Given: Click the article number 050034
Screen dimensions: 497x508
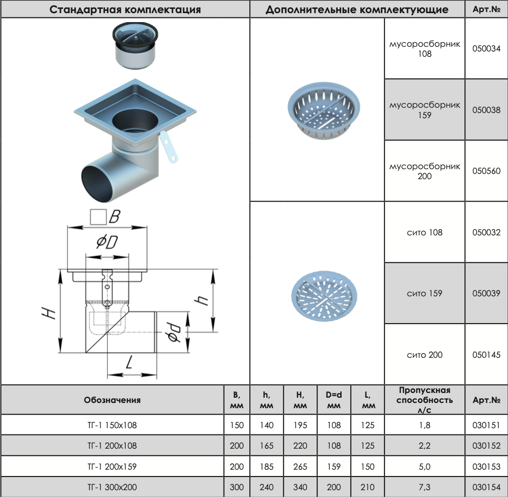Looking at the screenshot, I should pyautogui.click(x=486, y=49).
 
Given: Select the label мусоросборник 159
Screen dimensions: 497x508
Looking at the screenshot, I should pyautogui.click(x=424, y=110).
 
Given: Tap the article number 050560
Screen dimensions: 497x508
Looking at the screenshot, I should pyautogui.click(x=486, y=171).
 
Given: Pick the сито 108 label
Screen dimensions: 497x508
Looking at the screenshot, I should pyautogui.click(x=424, y=232).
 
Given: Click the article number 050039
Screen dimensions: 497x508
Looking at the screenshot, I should pyautogui.click(x=486, y=293).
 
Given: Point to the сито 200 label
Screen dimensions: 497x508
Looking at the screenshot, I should pyautogui.click(x=424, y=355).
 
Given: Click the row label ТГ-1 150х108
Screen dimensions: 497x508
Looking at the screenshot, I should pyautogui.click(x=111, y=426).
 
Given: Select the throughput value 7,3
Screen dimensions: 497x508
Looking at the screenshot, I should pyautogui.click(x=425, y=487).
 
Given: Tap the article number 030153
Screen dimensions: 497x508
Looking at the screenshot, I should pyautogui.click(x=486, y=467).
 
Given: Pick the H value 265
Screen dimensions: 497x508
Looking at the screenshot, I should pyautogui.click(x=300, y=467).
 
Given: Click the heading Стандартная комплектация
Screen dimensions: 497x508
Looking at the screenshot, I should pyautogui.click(x=125, y=9).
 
